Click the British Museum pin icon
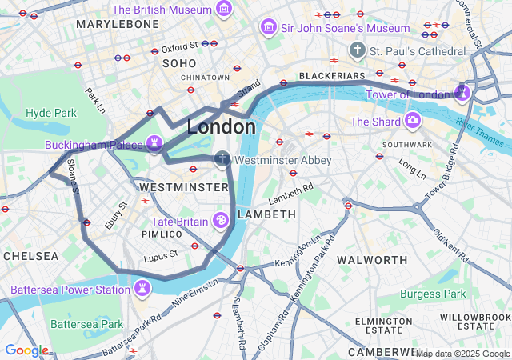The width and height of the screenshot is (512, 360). click(224, 10)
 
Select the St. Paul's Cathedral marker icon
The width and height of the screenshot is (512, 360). click(358, 50)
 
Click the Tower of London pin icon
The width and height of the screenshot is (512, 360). click(462, 94)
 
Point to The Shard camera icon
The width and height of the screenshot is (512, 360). click(413, 121)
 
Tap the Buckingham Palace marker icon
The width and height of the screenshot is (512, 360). click(154, 145)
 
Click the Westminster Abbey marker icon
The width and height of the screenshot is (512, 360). click(222, 160)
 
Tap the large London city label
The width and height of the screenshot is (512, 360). click(222, 126)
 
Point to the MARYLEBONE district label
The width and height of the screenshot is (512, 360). click(118, 25)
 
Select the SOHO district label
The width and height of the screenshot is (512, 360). click(179, 62)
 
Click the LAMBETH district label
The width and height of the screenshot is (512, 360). click(266, 214)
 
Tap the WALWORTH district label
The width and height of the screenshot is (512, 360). click(372, 260)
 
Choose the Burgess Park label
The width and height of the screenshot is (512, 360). click(432, 294)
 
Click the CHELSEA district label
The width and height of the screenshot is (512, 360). click(30, 256)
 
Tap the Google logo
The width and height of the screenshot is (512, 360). click(26, 350)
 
